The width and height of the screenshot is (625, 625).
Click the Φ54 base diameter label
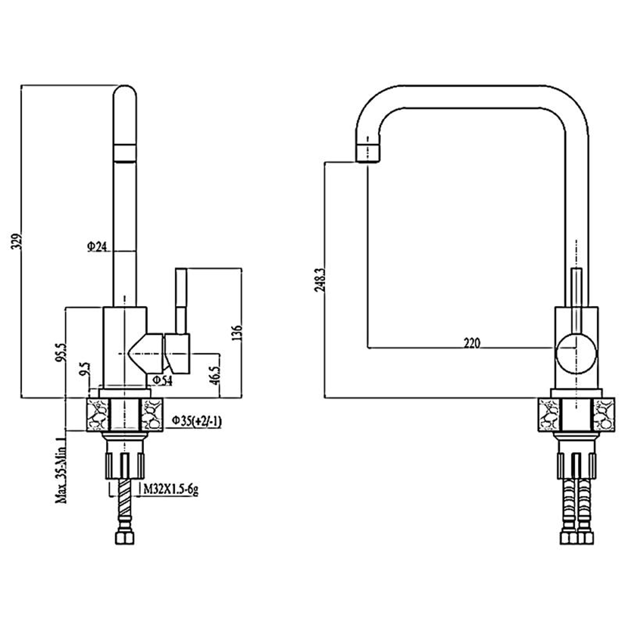tap(162, 380)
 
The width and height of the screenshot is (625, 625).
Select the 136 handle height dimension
tap(236, 333)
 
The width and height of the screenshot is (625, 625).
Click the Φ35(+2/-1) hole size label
tap(197, 421)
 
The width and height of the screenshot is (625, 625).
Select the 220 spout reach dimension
tap(472, 343)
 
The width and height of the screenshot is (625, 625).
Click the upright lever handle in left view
tap(181, 300)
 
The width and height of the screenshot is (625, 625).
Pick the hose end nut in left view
tap(125, 537)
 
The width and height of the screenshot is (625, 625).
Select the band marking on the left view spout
tap(125, 152)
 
